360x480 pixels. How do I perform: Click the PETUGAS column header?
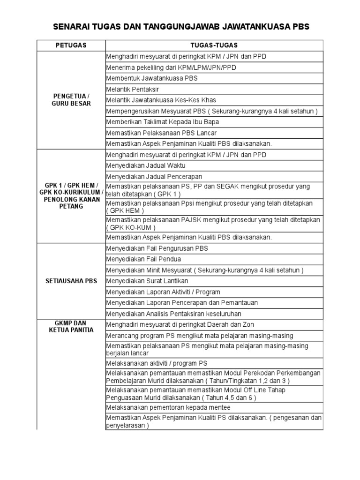click(71, 45)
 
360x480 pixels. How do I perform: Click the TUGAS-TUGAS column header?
click(214, 45)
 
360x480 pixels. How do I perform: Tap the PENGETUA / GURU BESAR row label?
click(71, 100)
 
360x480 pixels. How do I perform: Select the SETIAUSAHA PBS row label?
click(71, 281)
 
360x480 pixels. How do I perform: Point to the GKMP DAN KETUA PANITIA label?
click(71, 326)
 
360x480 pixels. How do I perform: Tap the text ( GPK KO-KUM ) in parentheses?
click(129, 227)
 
